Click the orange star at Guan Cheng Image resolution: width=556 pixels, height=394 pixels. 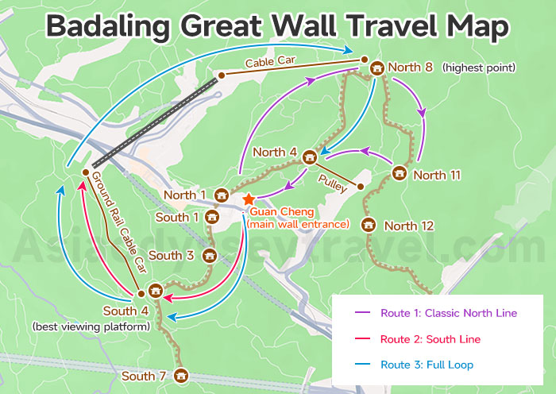click(249, 199)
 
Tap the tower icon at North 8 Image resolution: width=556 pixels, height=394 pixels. click(376, 68)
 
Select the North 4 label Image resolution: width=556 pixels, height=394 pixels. click(275, 152)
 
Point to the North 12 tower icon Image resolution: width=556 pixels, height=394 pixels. click(368, 226)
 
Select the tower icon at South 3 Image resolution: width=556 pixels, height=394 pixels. click(210, 256)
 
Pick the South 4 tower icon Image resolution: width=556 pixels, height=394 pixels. click(156, 291)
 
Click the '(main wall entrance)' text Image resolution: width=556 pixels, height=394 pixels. click(298, 225)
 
